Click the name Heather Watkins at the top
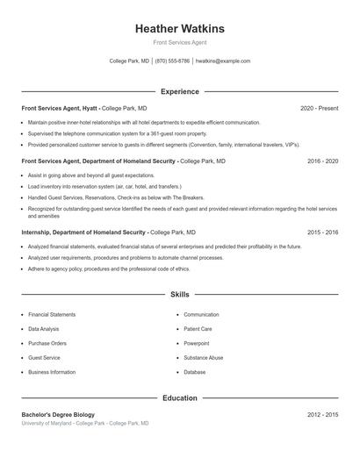tap(179, 28)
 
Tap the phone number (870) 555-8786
tap(172, 61)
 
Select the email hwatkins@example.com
tap(223, 61)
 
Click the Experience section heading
tap(179, 91)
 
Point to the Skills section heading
tap(179, 295)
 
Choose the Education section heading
tap(179, 398)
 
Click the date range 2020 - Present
tap(319, 108)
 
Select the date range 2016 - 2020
tap(322, 161)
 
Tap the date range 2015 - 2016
tap(322, 232)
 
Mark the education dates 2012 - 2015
tap(322, 414)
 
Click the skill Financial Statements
tap(52, 314)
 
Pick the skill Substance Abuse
tap(204, 358)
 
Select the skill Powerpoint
tap(197, 343)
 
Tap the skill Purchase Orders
tap(47, 343)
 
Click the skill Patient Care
tap(198, 329)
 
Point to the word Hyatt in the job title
tap(90, 108)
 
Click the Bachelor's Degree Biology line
tap(58, 414)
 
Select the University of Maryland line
tap(85, 423)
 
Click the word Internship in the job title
tap(38, 232)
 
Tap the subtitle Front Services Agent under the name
tap(179, 42)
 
